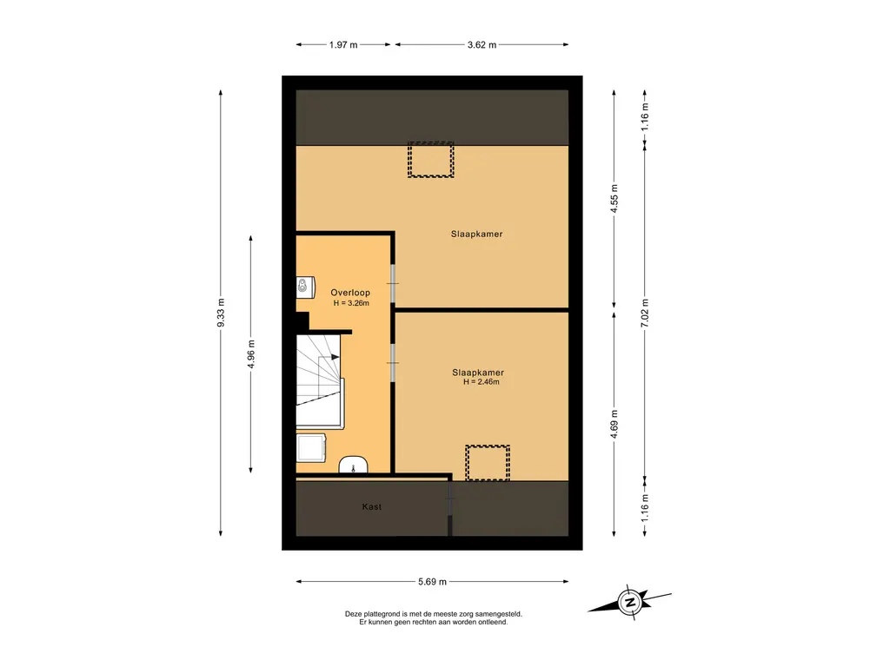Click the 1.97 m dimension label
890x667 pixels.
coord(343,45)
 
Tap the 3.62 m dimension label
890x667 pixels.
coord(482,45)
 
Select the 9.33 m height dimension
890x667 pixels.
coord(222,313)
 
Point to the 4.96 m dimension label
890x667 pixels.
coord(251,354)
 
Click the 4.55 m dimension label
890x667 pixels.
coord(614,199)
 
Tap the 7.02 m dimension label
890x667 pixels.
coord(645,313)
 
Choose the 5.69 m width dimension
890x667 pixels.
coord(433,581)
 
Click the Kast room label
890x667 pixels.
coord(372,506)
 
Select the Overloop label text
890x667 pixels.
coord(350,293)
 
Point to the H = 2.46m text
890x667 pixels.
coord(482,382)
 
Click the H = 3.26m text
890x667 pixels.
coord(351,303)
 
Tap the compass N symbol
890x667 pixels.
coord(629,601)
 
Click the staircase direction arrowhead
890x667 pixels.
coord(335,357)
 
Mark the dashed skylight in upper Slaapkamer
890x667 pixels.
coord(431,160)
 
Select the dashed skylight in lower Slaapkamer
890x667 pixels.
coord(488,463)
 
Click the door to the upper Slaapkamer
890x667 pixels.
coord(394,284)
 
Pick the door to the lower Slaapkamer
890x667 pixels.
coord(394,362)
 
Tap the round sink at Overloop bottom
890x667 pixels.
coord(353,466)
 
